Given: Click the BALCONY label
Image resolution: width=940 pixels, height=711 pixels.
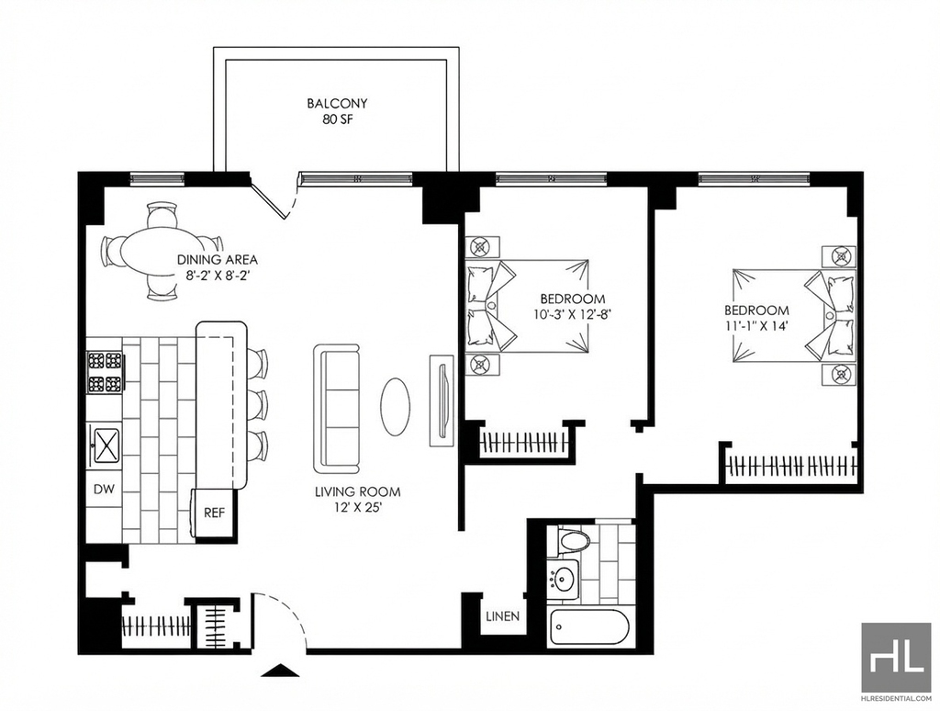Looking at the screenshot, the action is [337, 103].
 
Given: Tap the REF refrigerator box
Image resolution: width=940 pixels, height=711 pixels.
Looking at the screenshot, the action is [213, 513].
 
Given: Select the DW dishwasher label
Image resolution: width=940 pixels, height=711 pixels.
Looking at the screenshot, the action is [104, 489].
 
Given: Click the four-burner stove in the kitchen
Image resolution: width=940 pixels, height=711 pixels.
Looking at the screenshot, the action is [105, 372].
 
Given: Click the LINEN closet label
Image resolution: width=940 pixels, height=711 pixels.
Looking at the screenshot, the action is [502, 616].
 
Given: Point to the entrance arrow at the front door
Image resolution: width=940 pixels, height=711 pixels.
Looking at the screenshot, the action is [281, 671].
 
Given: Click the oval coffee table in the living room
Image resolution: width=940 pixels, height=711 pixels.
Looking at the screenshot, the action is [395, 406].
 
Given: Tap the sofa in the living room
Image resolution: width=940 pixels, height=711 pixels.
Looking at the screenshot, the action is [336, 409].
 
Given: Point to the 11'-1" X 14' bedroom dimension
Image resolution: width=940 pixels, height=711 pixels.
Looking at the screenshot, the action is [756, 326].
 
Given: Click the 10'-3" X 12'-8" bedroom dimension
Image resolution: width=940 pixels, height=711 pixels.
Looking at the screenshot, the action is [572, 314].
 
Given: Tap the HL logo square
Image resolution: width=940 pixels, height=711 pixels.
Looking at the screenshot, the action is [896, 658].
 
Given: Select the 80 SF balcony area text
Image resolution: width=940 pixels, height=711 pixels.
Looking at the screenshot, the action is [338, 119].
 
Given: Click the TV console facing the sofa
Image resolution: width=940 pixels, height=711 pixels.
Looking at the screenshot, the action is [442, 400].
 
